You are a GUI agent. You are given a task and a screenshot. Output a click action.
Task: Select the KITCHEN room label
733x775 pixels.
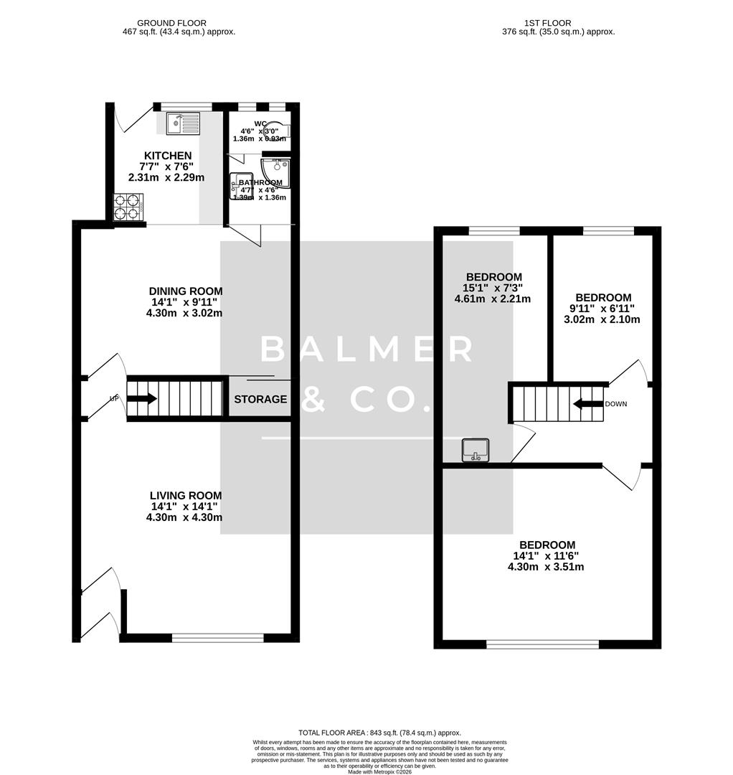click(168, 156)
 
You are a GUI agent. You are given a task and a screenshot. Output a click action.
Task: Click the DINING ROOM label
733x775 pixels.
click(186, 291)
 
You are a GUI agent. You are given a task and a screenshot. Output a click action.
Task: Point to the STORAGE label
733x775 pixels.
click(260, 399)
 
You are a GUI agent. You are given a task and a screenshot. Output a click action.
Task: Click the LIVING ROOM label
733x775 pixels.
click(186, 495)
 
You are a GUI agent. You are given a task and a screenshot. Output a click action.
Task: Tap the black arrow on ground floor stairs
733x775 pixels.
click(142, 398)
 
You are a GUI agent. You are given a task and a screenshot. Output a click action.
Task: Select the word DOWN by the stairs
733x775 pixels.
click(616, 404)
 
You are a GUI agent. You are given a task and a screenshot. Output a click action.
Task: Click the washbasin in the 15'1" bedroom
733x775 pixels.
click(476, 450)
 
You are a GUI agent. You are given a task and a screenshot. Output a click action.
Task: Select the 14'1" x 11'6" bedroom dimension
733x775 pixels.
click(548, 555)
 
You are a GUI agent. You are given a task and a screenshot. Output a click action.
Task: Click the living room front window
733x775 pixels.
click(218, 637)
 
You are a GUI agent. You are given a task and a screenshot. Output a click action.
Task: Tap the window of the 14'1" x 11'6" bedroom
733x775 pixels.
click(542, 644)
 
